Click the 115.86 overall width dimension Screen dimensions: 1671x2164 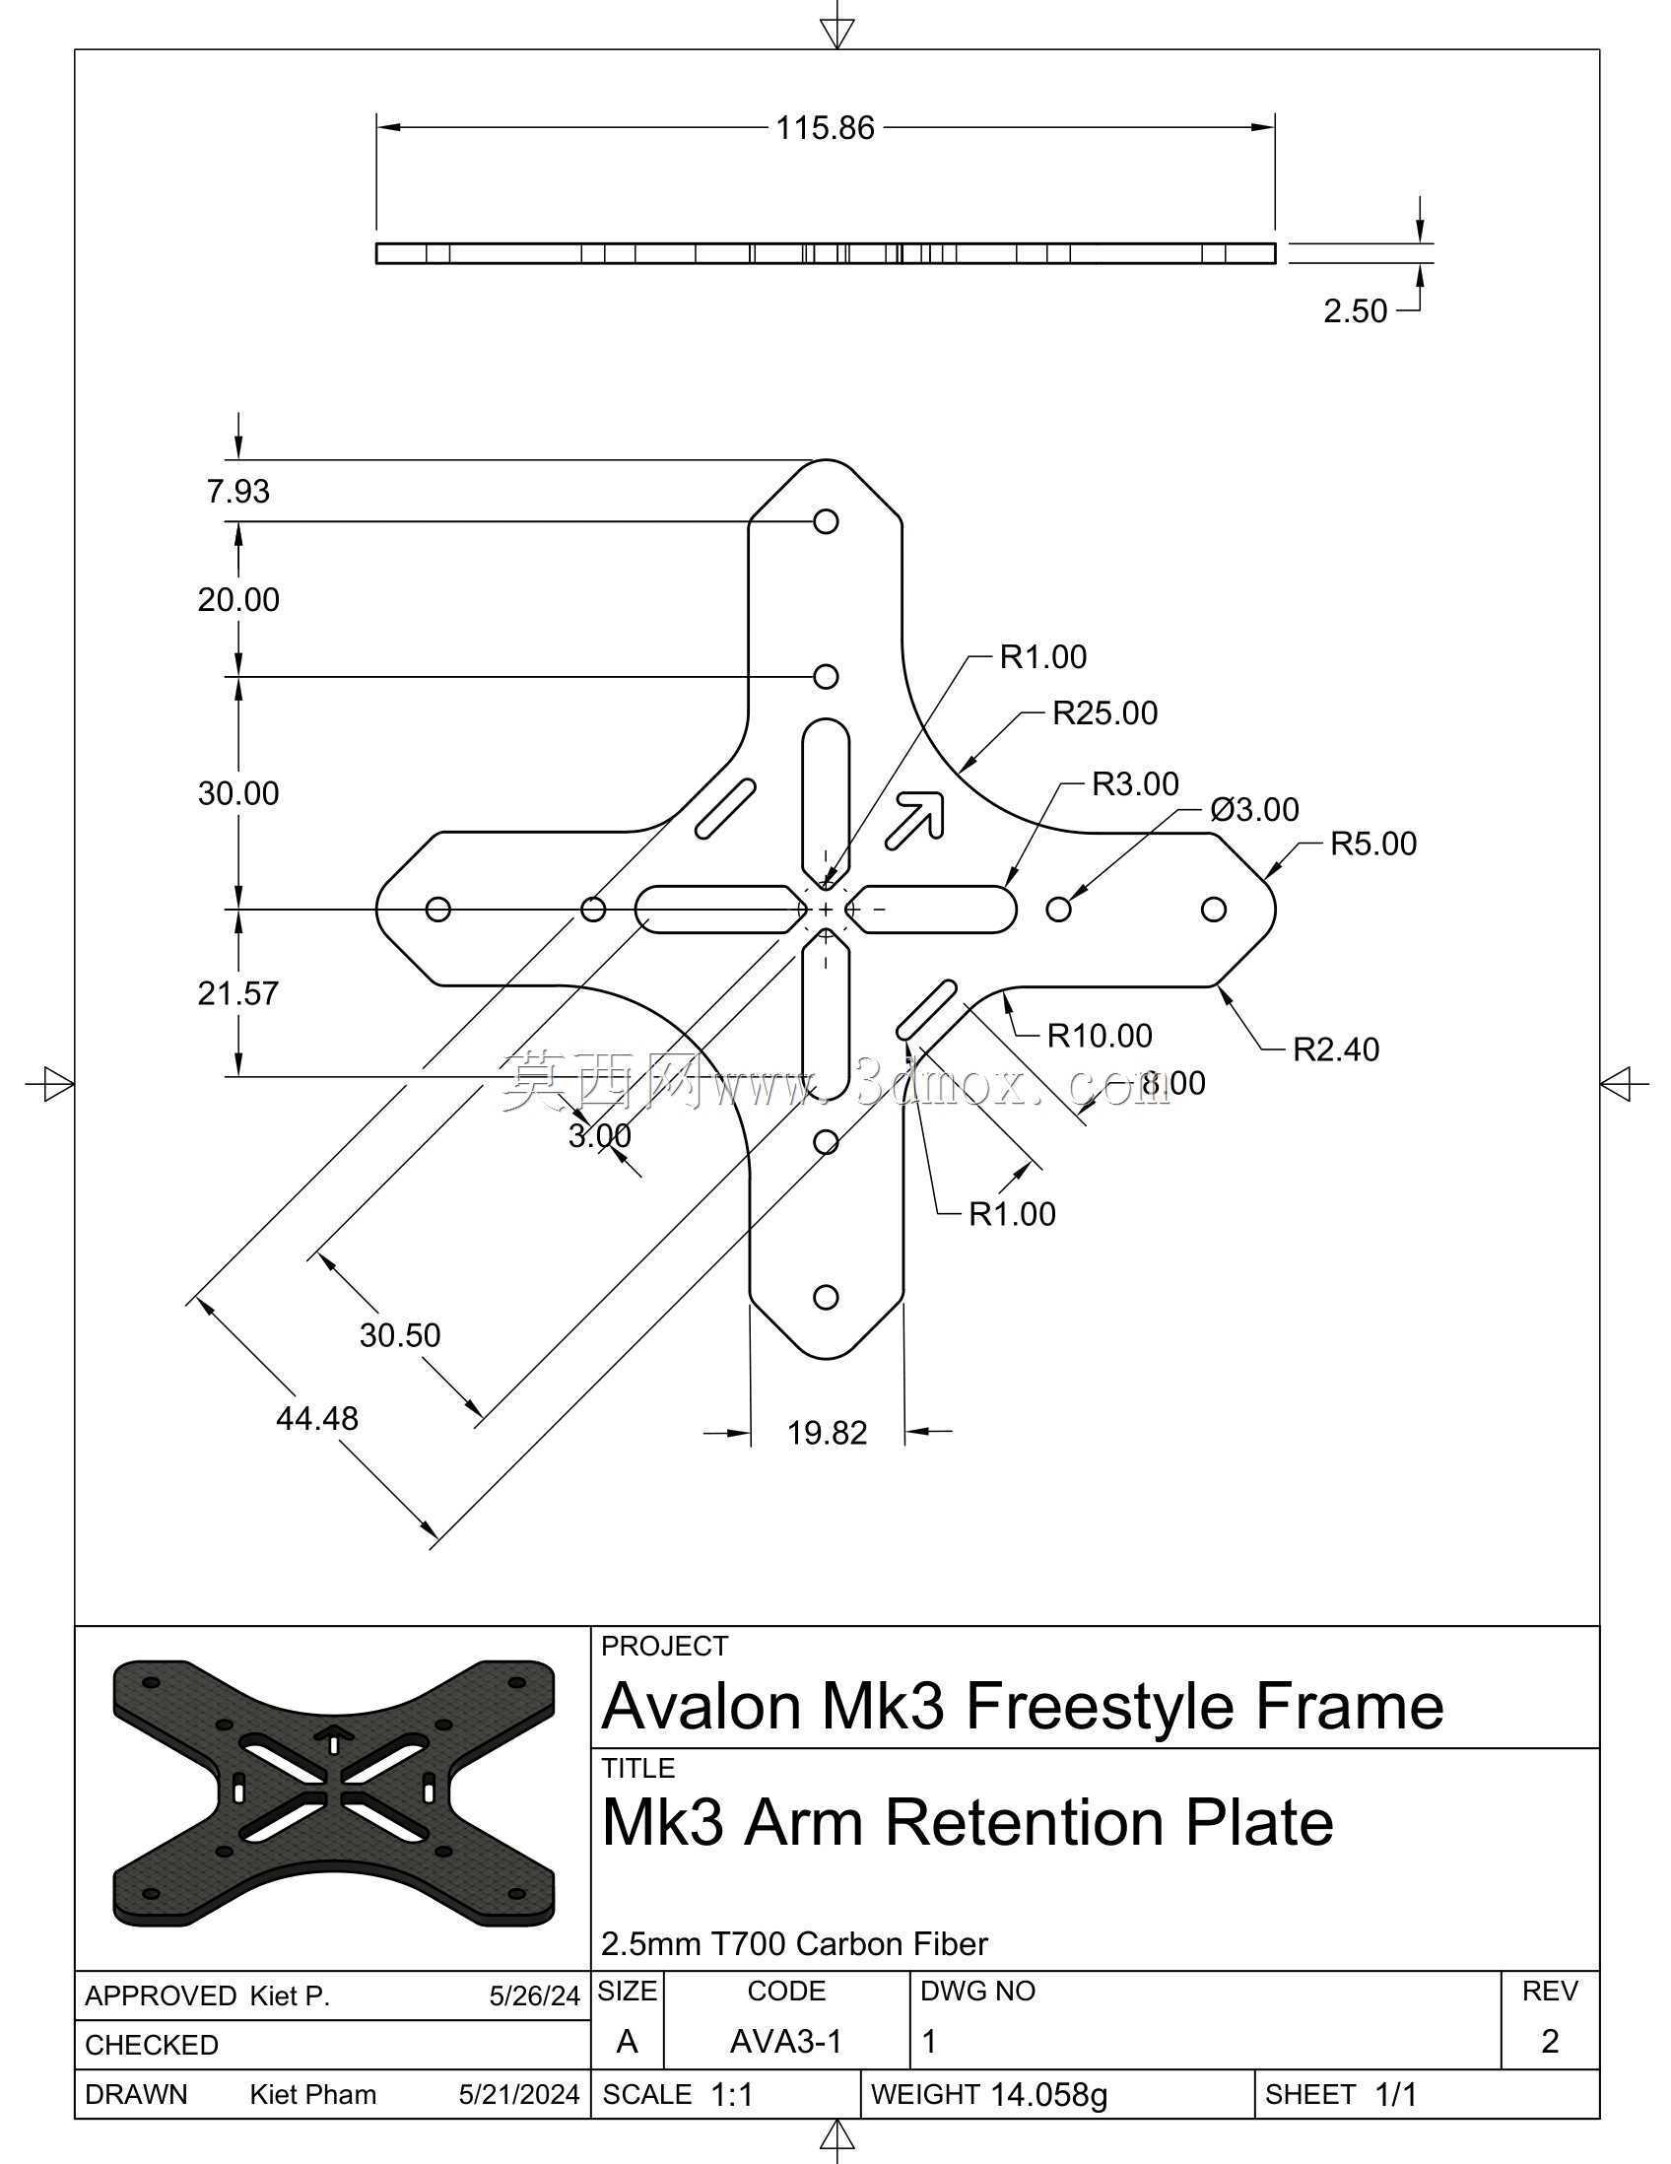point(825,128)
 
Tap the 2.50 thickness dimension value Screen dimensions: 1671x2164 point(1355,311)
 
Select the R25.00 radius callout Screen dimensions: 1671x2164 point(1104,713)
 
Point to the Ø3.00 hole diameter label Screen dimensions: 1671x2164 point(1255,809)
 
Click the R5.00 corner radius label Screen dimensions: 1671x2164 point(1372,844)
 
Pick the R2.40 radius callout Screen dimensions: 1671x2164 point(1336,1049)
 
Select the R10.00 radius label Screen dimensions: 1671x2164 point(1100,1037)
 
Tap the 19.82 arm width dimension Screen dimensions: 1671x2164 point(827,1433)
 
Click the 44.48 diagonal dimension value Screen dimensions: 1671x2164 point(317,1419)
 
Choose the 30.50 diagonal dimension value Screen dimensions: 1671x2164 point(400,1335)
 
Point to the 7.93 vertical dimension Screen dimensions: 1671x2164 point(237,492)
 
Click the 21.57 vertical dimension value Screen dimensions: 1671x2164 point(237,994)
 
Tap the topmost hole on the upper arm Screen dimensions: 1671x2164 point(826,521)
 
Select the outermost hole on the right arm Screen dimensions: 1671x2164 point(1214,909)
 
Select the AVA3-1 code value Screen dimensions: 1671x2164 point(785,2041)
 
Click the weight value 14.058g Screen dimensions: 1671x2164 point(1049,2095)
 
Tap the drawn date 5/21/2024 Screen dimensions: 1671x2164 point(519,2095)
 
